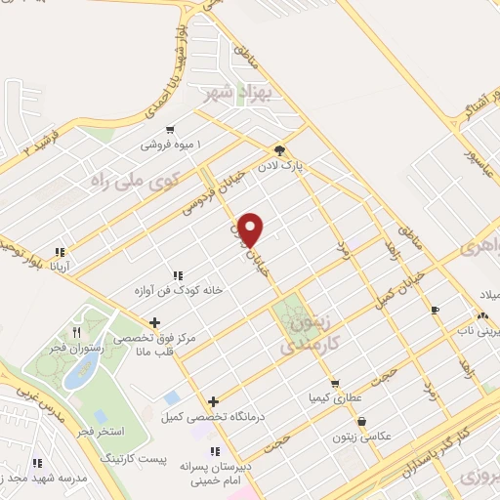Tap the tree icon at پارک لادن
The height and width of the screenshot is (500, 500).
click(279, 151)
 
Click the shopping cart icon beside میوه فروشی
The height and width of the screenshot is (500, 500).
click(171, 129)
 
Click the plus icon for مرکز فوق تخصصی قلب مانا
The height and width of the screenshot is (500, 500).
click(154, 322)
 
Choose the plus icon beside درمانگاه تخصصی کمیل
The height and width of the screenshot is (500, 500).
click(214, 401)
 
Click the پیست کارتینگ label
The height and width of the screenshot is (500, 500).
click(134, 458)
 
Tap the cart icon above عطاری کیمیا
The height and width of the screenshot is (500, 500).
click(336, 384)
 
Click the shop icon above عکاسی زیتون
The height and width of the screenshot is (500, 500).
click(363, 422)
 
